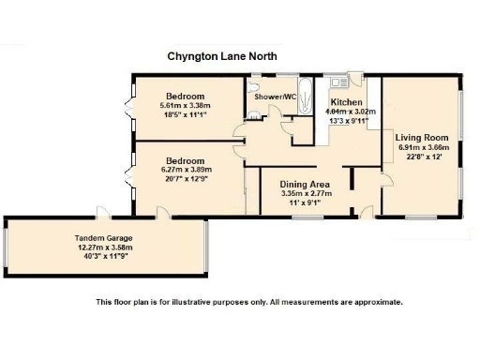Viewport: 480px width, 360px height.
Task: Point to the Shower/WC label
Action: (276, 97)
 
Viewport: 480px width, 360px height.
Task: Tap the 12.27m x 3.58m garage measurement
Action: (105, 247)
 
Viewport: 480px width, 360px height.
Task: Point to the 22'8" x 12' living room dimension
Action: (424, 157)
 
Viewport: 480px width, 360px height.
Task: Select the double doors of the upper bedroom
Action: (130, 108)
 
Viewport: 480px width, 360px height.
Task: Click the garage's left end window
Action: (7, 248)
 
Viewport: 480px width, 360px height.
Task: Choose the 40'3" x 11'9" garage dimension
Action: (105, 257)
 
